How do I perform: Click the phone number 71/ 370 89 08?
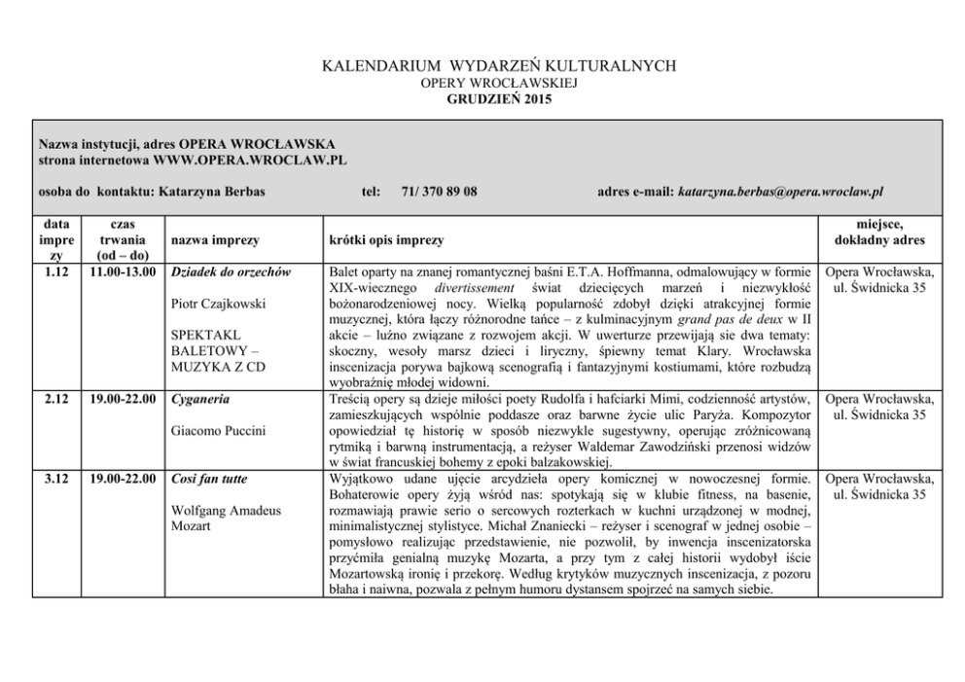point(439,192)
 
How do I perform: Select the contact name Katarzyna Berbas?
point(211,192)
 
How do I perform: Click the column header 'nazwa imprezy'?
point(214,239)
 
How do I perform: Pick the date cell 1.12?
point(55,270)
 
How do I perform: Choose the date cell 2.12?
point(55,398)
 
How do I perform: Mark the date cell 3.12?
point(55,479)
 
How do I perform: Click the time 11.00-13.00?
point(123,270)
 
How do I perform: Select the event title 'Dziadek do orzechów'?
point(231,270)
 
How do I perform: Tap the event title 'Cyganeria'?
point(198,398)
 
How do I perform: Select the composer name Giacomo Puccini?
point(218,430)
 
